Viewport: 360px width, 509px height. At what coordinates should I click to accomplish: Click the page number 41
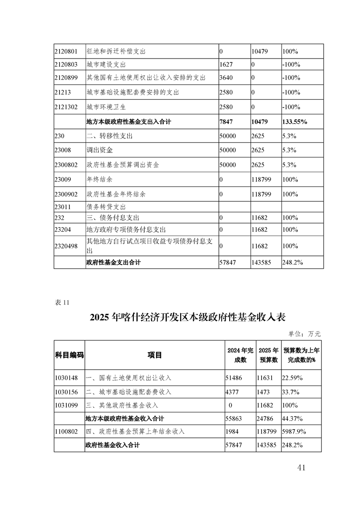pos(301,467)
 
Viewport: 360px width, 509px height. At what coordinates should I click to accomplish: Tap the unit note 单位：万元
pos(305,333)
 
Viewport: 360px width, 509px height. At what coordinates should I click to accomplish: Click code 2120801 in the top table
pos(66,51)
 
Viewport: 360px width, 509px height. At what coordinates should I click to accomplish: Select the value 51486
pos(234,377)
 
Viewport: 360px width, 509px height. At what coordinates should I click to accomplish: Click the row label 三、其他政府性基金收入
pos(122,405)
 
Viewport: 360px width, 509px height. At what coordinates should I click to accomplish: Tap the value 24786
pos(266,418)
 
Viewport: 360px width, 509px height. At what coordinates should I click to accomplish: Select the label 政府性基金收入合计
pos(112,445)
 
